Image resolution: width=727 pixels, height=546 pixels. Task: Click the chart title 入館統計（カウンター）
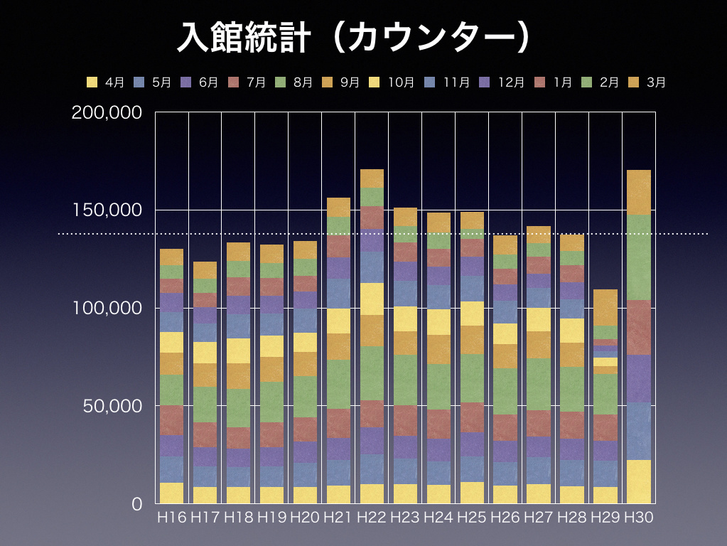(354, 38)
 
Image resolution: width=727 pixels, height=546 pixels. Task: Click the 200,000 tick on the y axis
(108, 112)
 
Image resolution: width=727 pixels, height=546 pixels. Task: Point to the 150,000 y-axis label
(108, 210)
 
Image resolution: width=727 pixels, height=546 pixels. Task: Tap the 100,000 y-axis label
(108, 308)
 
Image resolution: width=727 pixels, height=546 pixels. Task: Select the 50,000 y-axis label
(112, 406)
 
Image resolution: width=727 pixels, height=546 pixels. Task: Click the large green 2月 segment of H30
(638, 257)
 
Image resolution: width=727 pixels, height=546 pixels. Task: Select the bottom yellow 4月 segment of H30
(638, 481)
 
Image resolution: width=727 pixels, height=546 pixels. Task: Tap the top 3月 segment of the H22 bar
(372, 178)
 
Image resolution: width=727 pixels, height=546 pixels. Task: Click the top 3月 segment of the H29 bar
(605, 307)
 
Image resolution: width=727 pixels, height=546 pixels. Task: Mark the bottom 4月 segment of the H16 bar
(171, 493)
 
